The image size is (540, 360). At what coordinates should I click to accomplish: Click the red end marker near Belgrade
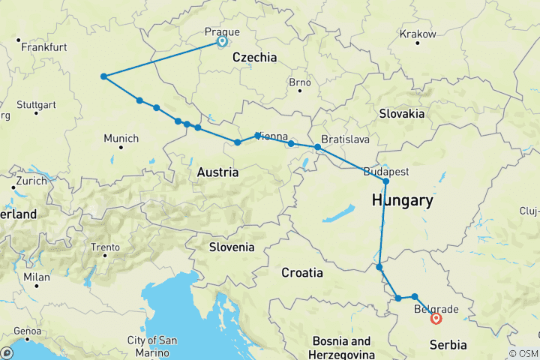(436, 319)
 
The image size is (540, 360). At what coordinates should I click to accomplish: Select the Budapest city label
(386, 171)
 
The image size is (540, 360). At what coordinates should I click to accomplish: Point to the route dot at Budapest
(386, 181)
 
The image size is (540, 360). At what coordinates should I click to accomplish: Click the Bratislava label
(345, 139)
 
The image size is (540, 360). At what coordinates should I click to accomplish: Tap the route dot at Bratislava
(318, 148)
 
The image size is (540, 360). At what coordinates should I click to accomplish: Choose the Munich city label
(121, 138)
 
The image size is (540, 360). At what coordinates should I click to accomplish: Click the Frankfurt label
(44, 46)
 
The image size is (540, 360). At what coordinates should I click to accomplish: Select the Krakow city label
(418, 34)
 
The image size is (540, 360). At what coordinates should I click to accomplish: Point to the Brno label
(299, 81)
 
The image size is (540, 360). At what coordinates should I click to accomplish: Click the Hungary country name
(402, 201)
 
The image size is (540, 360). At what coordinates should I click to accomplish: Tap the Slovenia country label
(231, 247)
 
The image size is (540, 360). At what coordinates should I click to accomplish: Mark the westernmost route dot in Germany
(103, 76)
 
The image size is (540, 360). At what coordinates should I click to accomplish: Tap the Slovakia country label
(401, 114)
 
